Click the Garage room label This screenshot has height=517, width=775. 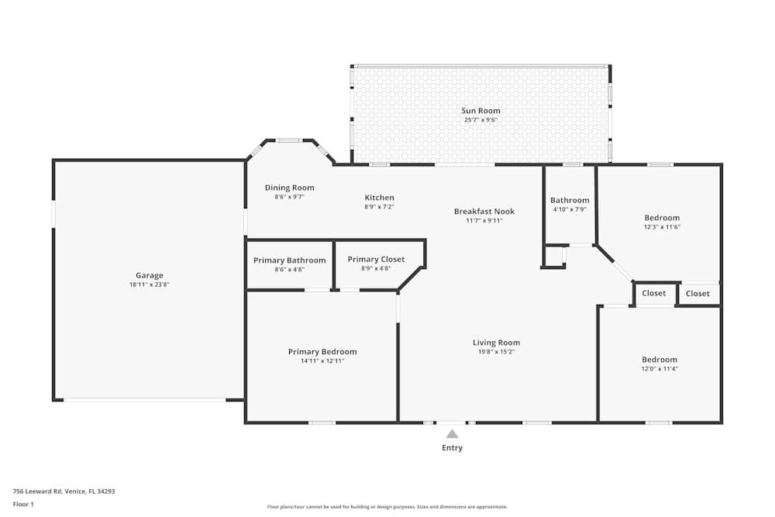pos(150,275)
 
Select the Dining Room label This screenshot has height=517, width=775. pos(289,188)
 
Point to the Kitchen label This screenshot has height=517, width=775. pos(379,198)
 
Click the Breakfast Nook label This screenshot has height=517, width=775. pos(484,212)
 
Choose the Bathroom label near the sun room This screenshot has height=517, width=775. pos(570,200)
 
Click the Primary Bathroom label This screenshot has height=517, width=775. pos(289,260)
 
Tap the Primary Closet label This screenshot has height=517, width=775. pos(376,260)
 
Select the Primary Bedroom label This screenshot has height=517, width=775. pos(322,352)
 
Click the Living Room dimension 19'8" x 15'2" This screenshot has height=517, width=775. pos(496,352)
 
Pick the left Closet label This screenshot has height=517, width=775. pos(654,294)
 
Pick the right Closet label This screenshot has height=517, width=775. pos(697,294)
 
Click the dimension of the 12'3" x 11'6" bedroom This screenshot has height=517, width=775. pos(662,227)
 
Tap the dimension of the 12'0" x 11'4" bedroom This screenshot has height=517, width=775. pos(660,369)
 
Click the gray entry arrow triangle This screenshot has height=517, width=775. pos(452,434)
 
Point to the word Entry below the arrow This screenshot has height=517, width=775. pos(452,448)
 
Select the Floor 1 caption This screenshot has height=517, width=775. pos(23,504)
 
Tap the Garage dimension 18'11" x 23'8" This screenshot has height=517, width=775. pos(150,284)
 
